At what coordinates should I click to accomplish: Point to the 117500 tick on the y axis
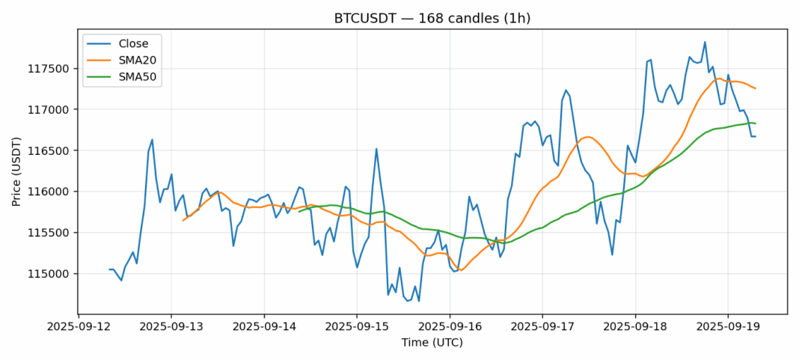[x=50, y=69]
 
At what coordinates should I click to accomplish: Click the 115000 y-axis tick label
[x=50, y=274]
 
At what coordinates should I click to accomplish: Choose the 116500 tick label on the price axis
[x=50, y=150]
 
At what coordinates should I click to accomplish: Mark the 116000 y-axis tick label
[x=50, y=192]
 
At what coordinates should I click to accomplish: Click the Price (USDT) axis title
[x=16, y=171]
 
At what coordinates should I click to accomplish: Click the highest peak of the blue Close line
[x=705, y=42]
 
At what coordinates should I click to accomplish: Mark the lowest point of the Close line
[x=418, y=301]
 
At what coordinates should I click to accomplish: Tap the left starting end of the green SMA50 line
[x=299, y=211]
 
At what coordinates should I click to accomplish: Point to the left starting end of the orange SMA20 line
[x=183, y=220]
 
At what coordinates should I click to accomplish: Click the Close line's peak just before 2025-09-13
[x=152, y=139]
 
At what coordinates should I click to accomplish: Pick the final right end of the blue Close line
[x=755, y=136]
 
